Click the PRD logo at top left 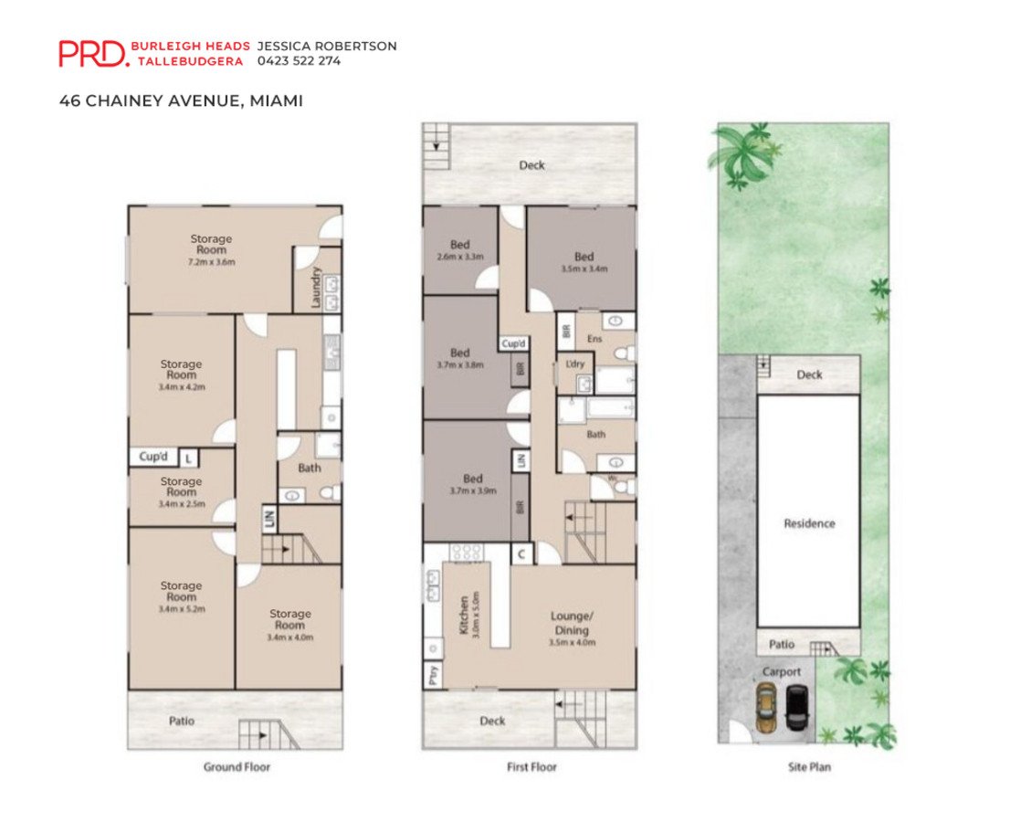93,53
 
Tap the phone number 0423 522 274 299,61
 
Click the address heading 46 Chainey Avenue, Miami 181,100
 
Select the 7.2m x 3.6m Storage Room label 211,250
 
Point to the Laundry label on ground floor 316,287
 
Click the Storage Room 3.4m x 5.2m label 181,597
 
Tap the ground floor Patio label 181,721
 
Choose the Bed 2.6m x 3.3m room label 460,250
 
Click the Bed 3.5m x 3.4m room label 584,261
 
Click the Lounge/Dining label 572,629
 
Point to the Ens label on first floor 594,339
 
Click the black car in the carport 797,708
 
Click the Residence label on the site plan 809,523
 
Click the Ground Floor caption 237,766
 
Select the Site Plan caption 809,766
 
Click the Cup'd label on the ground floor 153,457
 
